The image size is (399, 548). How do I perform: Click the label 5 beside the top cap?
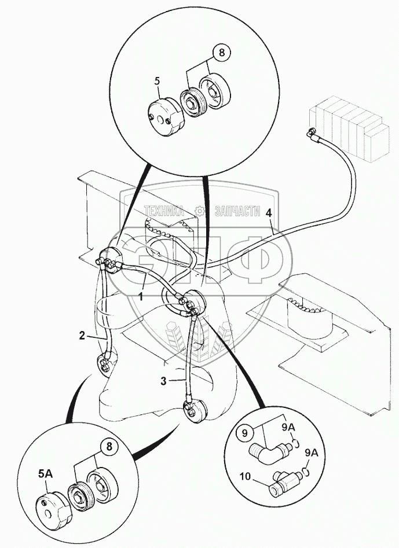click(157, 81)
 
